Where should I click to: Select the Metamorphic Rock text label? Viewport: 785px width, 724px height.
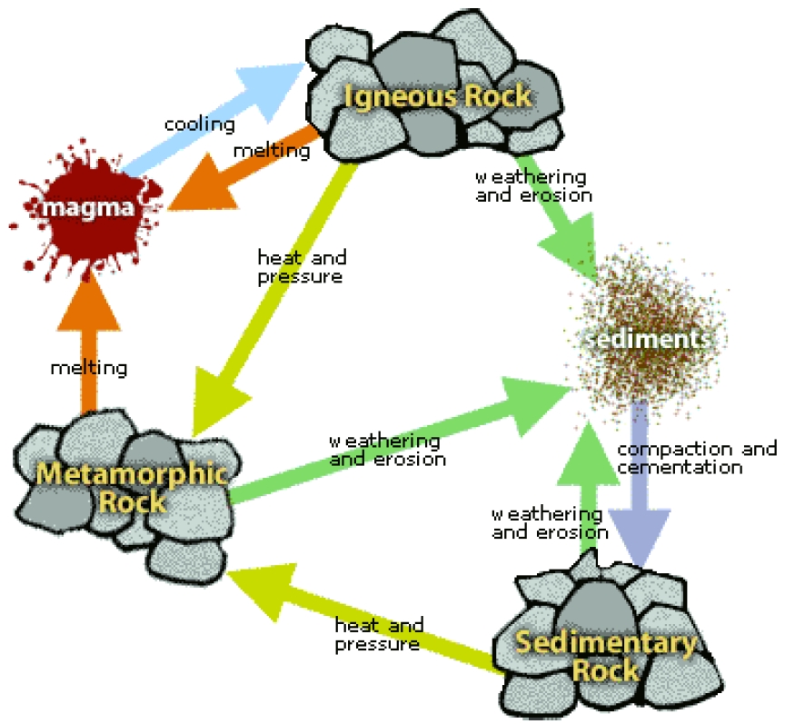[132, 488]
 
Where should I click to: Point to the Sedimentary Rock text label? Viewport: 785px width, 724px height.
[606, 656]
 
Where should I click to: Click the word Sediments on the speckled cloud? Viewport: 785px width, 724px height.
[648, 339]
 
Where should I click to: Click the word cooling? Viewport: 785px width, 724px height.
[200, 124]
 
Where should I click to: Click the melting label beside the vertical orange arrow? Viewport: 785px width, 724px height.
[89, 368]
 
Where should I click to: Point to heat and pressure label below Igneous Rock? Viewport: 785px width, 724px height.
[302, 267]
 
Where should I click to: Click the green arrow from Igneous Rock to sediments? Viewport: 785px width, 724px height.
[555, 216]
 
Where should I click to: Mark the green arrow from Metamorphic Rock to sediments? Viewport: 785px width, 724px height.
[400, 441]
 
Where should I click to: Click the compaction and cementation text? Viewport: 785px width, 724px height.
[697, 458]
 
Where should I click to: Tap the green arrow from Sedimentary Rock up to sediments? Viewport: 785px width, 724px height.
[589, 487]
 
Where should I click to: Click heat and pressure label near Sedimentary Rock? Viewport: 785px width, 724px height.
[379, 634]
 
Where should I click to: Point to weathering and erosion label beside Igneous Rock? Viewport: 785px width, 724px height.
[533, 185]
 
